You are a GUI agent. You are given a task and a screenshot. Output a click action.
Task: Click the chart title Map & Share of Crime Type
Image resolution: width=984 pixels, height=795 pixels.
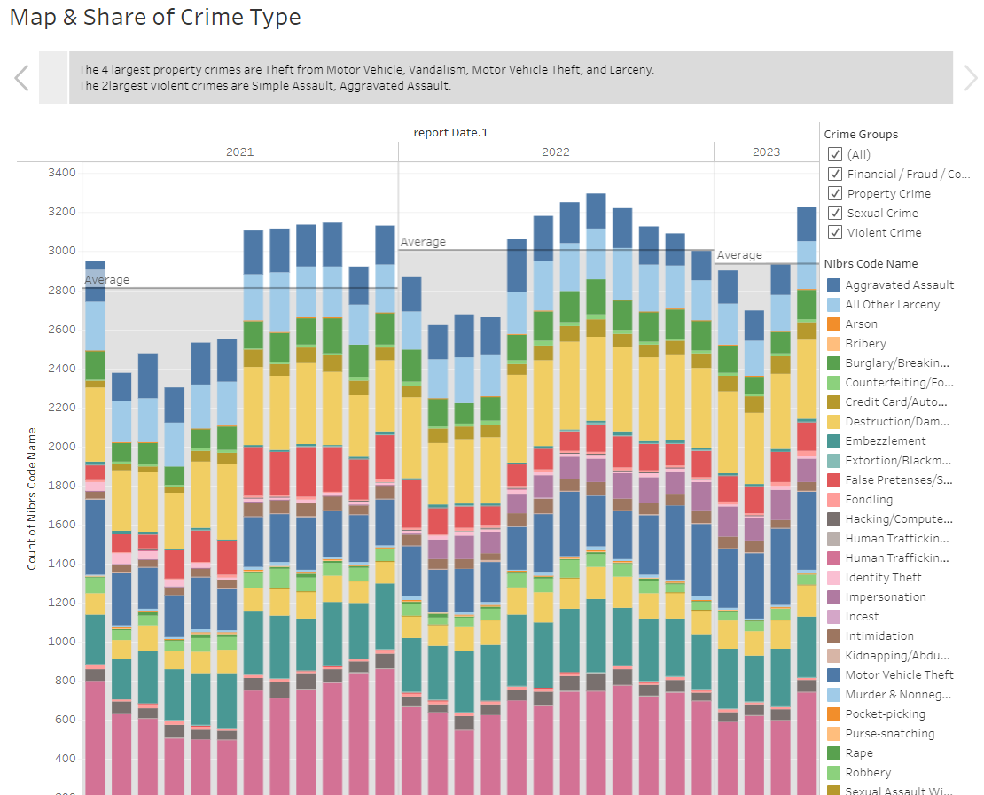pos(155,18)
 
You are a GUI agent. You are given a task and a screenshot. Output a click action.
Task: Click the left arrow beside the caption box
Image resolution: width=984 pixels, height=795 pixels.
pos(22,78)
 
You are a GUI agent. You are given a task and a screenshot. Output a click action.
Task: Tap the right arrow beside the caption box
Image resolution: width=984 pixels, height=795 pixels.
pos(970,78)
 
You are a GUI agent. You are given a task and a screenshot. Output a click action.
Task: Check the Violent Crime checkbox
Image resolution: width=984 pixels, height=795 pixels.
pos(834,232)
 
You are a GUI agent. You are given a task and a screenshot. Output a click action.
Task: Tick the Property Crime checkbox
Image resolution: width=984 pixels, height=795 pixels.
pos(834,193)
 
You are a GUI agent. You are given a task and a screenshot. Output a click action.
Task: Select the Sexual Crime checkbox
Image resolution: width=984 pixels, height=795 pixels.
pos(834,213)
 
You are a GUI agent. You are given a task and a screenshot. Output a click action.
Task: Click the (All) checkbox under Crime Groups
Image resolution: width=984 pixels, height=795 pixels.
pos(834,154)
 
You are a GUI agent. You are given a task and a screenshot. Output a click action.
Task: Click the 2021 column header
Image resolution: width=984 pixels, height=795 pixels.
pos(239,152)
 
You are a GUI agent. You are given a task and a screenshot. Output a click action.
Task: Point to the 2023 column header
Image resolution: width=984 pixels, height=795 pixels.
pos(766,152)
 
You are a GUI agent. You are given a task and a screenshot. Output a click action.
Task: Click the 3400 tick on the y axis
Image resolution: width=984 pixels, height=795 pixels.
pos(62,172)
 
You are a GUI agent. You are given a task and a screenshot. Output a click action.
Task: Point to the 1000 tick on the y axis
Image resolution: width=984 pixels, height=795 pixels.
pos(62,641)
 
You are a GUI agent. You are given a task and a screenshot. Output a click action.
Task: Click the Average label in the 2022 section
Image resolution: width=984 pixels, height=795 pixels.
pos(423,241)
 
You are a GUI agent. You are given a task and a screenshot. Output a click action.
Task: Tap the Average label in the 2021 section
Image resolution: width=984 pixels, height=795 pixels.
pos(106,280)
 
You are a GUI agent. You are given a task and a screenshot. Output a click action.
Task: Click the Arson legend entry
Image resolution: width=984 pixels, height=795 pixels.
pos(861,323)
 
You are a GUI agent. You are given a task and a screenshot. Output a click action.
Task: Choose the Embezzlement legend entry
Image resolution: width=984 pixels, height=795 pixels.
pos(885,440)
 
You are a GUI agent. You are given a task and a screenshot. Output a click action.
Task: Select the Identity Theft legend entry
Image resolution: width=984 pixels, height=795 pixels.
pos(883,577)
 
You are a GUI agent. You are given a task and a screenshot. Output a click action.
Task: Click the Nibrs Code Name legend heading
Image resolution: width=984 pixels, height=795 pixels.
pos(871,263)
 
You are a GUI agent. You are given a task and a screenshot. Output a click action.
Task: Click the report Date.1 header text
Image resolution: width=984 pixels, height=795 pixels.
pos(450,133)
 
